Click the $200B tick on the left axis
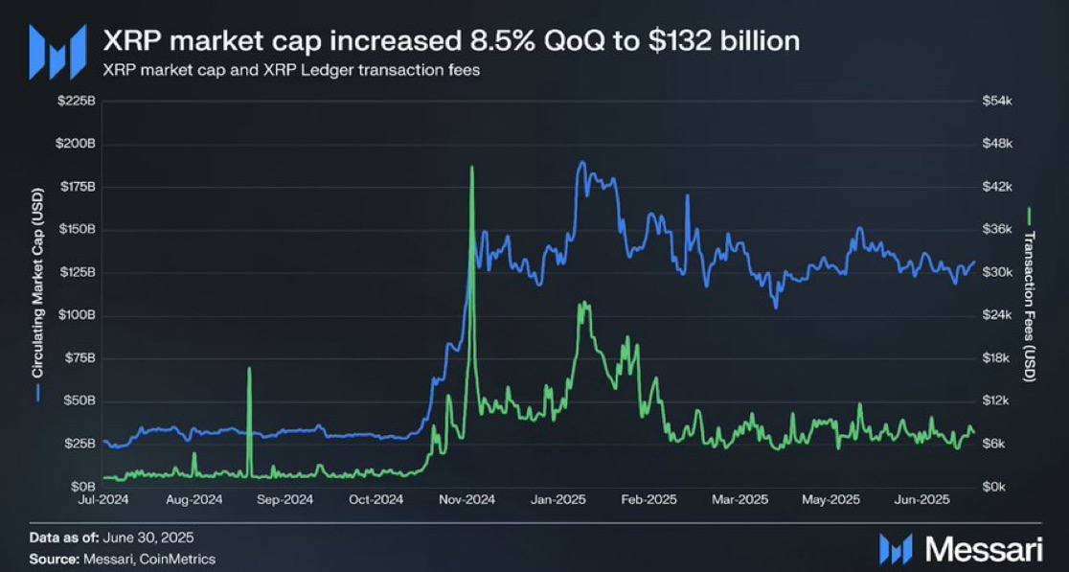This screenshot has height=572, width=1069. pos(75,144)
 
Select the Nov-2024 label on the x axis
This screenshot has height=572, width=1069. pos(467,499)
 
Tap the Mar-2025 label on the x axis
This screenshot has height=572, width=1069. pos(740,499)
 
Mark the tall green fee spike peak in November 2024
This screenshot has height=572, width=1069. pos(471,167)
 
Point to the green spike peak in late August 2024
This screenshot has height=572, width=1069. pos(249,368)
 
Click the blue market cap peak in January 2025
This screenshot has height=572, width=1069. pos(580,163)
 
